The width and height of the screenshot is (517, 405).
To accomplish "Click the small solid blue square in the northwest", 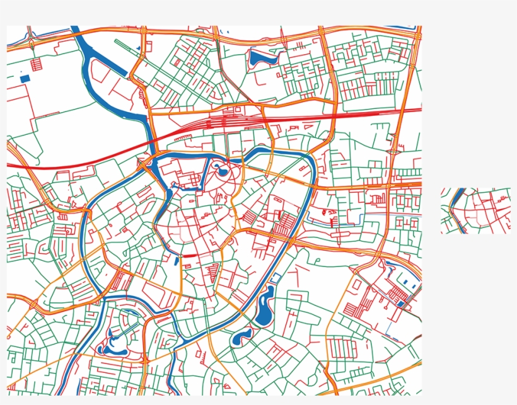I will point(25,79).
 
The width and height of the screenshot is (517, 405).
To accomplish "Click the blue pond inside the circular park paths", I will point(221,169).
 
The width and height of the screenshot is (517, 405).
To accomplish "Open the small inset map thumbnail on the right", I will point(475,210).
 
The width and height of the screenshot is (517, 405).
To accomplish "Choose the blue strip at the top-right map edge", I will point(404,28).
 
